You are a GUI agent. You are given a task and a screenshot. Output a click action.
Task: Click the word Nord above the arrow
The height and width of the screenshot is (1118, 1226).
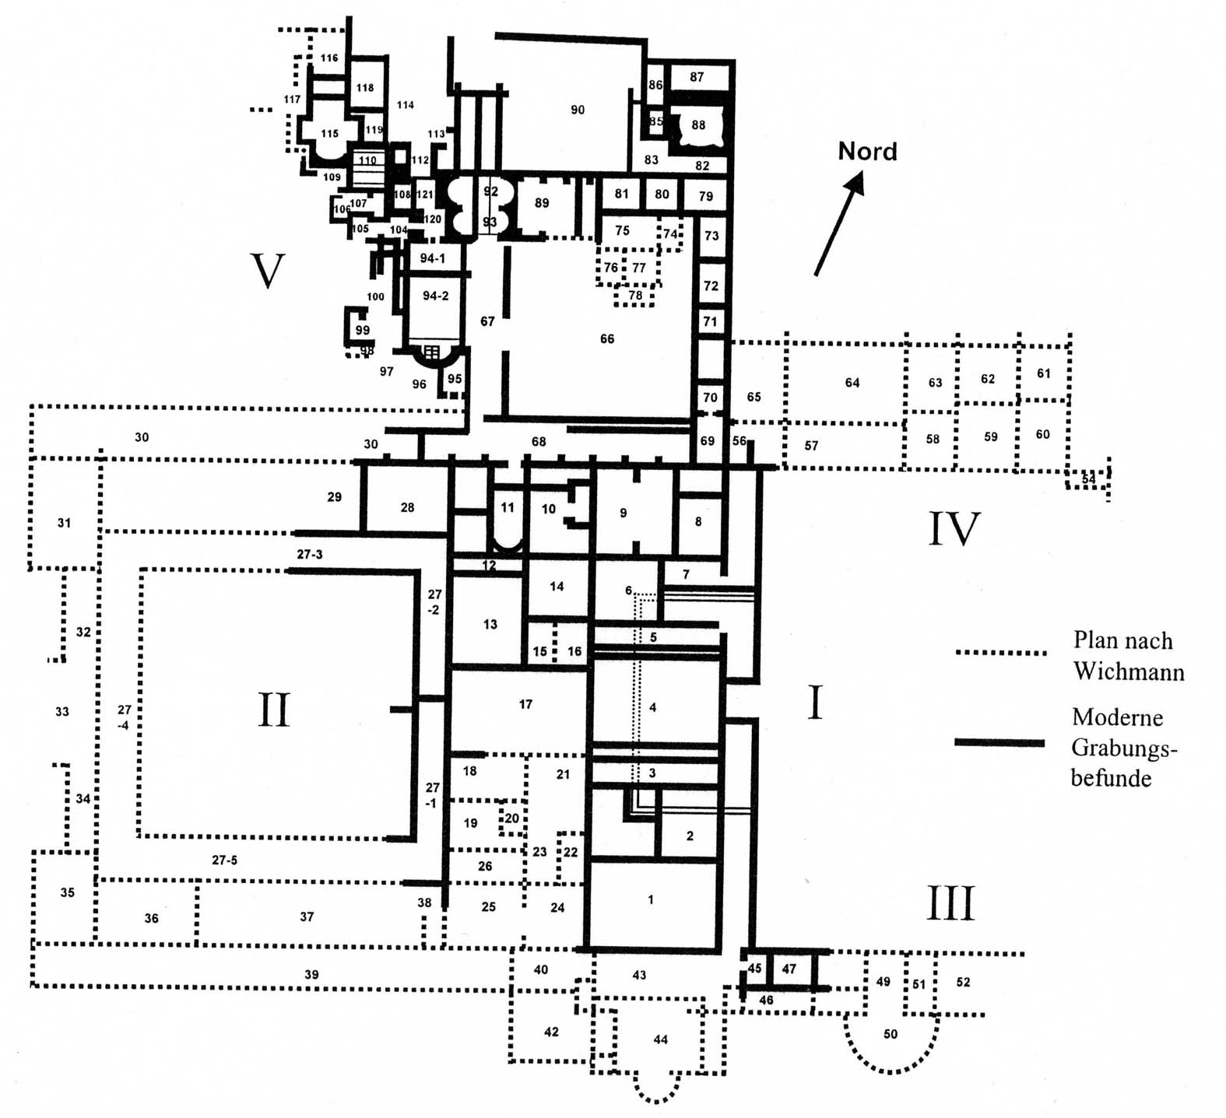[867, 151]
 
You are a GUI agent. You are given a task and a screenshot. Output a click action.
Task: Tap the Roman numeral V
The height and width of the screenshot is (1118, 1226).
[268, 272]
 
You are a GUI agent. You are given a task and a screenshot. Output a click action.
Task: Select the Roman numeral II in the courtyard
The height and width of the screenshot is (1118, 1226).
[273, 710]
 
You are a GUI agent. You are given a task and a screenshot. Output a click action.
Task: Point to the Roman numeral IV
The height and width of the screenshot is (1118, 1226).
[954, 529]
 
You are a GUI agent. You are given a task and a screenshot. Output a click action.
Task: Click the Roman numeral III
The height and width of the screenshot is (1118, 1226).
[951, 904]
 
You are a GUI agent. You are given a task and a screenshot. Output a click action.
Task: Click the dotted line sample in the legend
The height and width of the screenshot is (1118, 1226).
[1000, 653]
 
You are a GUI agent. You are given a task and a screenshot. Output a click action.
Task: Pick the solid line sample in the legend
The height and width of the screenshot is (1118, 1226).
[999, 743]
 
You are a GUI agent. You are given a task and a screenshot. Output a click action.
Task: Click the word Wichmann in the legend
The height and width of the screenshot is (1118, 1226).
[1129, 671]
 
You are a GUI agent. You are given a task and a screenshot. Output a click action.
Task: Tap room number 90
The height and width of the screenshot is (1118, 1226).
[578, 110]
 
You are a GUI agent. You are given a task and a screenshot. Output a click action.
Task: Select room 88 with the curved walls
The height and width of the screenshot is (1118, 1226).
[698, 124]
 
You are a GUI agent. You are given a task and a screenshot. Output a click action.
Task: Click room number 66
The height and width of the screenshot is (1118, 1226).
[607, 338]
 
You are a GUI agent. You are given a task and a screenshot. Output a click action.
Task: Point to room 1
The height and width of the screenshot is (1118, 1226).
[651, 900]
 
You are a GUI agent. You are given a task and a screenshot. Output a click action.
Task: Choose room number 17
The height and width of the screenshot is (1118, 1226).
[525, 704]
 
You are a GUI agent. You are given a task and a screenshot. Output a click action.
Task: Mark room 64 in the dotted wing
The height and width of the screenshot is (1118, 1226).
[852, 382]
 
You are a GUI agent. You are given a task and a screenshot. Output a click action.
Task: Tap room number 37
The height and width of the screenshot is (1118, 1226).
[307, 916]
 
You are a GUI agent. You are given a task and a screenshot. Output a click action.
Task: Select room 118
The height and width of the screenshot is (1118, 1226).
[365, 88]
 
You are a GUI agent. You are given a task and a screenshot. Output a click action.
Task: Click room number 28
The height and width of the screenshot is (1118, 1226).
[407, 507]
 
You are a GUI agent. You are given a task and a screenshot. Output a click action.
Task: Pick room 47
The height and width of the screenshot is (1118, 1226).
[789, 969]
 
